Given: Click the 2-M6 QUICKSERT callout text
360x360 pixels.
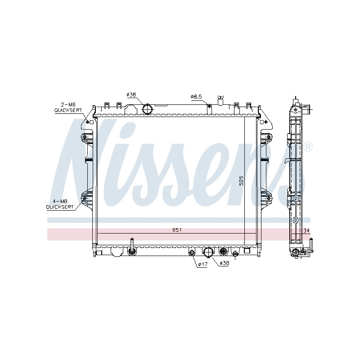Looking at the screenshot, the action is [x=68, y=108].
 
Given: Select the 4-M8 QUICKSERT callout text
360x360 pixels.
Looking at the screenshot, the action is [x=60, y=204].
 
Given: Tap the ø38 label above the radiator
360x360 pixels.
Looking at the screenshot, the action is [x=131, y=94].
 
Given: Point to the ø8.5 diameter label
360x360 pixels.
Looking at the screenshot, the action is [x=196, y=97].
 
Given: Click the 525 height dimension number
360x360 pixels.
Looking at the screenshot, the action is [x=241, y=181].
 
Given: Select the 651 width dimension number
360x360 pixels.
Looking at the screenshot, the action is [x=177, y=230].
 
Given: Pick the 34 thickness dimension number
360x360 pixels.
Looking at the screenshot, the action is [x=306, y=230].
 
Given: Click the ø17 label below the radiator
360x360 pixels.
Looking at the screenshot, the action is [x=203, y=264].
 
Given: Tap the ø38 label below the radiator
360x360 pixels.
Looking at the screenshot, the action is [x=224, y=263].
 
